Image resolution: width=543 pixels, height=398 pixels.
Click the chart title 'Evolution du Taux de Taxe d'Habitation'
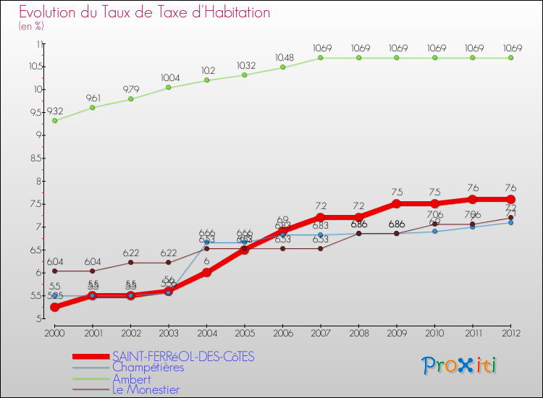pos(145,12)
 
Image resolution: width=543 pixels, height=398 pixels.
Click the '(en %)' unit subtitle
pos(32,26)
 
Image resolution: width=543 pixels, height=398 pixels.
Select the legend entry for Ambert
pos(132,378)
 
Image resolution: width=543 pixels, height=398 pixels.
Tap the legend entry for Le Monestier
pos(146,389)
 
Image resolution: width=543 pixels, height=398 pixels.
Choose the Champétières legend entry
pos(148,368)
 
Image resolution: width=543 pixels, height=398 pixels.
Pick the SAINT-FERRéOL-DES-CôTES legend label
pos(184,356)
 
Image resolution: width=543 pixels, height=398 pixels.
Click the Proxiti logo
pos(460,365)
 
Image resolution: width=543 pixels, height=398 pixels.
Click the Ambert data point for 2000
pos(54,120)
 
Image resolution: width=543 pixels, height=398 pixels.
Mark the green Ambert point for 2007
pos(321,57)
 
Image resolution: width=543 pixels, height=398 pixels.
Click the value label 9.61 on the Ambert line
pos(93,97)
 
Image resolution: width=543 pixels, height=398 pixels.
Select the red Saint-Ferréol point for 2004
pos(206,272)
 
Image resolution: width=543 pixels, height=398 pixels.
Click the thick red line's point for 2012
pos(510,199)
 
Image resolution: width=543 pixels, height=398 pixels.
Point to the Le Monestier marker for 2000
pos(54,271)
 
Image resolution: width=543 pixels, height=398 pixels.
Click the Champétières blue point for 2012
pos(510,222)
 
